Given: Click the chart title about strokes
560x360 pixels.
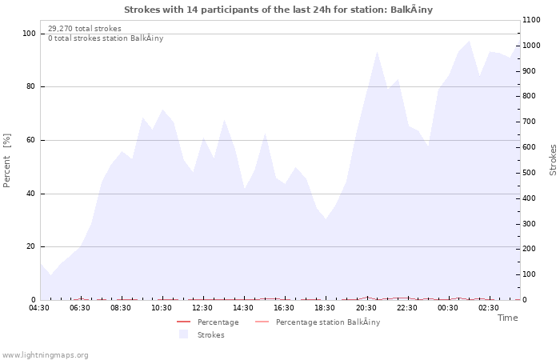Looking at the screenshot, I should pos(278,10).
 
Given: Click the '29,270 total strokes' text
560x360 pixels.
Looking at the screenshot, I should pos(85,29).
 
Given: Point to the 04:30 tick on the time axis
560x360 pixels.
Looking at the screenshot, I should pos(39,307).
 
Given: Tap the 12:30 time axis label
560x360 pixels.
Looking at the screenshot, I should pos(202,307).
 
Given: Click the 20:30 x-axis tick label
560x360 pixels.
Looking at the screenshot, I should pos(366,307).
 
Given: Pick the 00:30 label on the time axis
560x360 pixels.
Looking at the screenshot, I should pos(447,307).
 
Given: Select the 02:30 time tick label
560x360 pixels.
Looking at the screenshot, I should pos(488,307).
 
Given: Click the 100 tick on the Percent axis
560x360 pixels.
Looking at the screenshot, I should pos(28,34).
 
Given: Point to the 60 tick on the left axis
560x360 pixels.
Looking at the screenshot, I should pos(30,140).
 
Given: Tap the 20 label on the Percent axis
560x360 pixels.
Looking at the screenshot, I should pos(30,246).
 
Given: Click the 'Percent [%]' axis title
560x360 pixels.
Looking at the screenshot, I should pos(7,160).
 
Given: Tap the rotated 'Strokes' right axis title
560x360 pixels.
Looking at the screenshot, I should pos(553,160).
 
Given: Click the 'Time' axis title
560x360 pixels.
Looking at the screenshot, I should pos(507,318).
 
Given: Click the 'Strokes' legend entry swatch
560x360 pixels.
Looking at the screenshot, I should pos(183,334).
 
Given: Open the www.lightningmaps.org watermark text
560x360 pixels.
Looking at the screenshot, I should pos(46,354).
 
